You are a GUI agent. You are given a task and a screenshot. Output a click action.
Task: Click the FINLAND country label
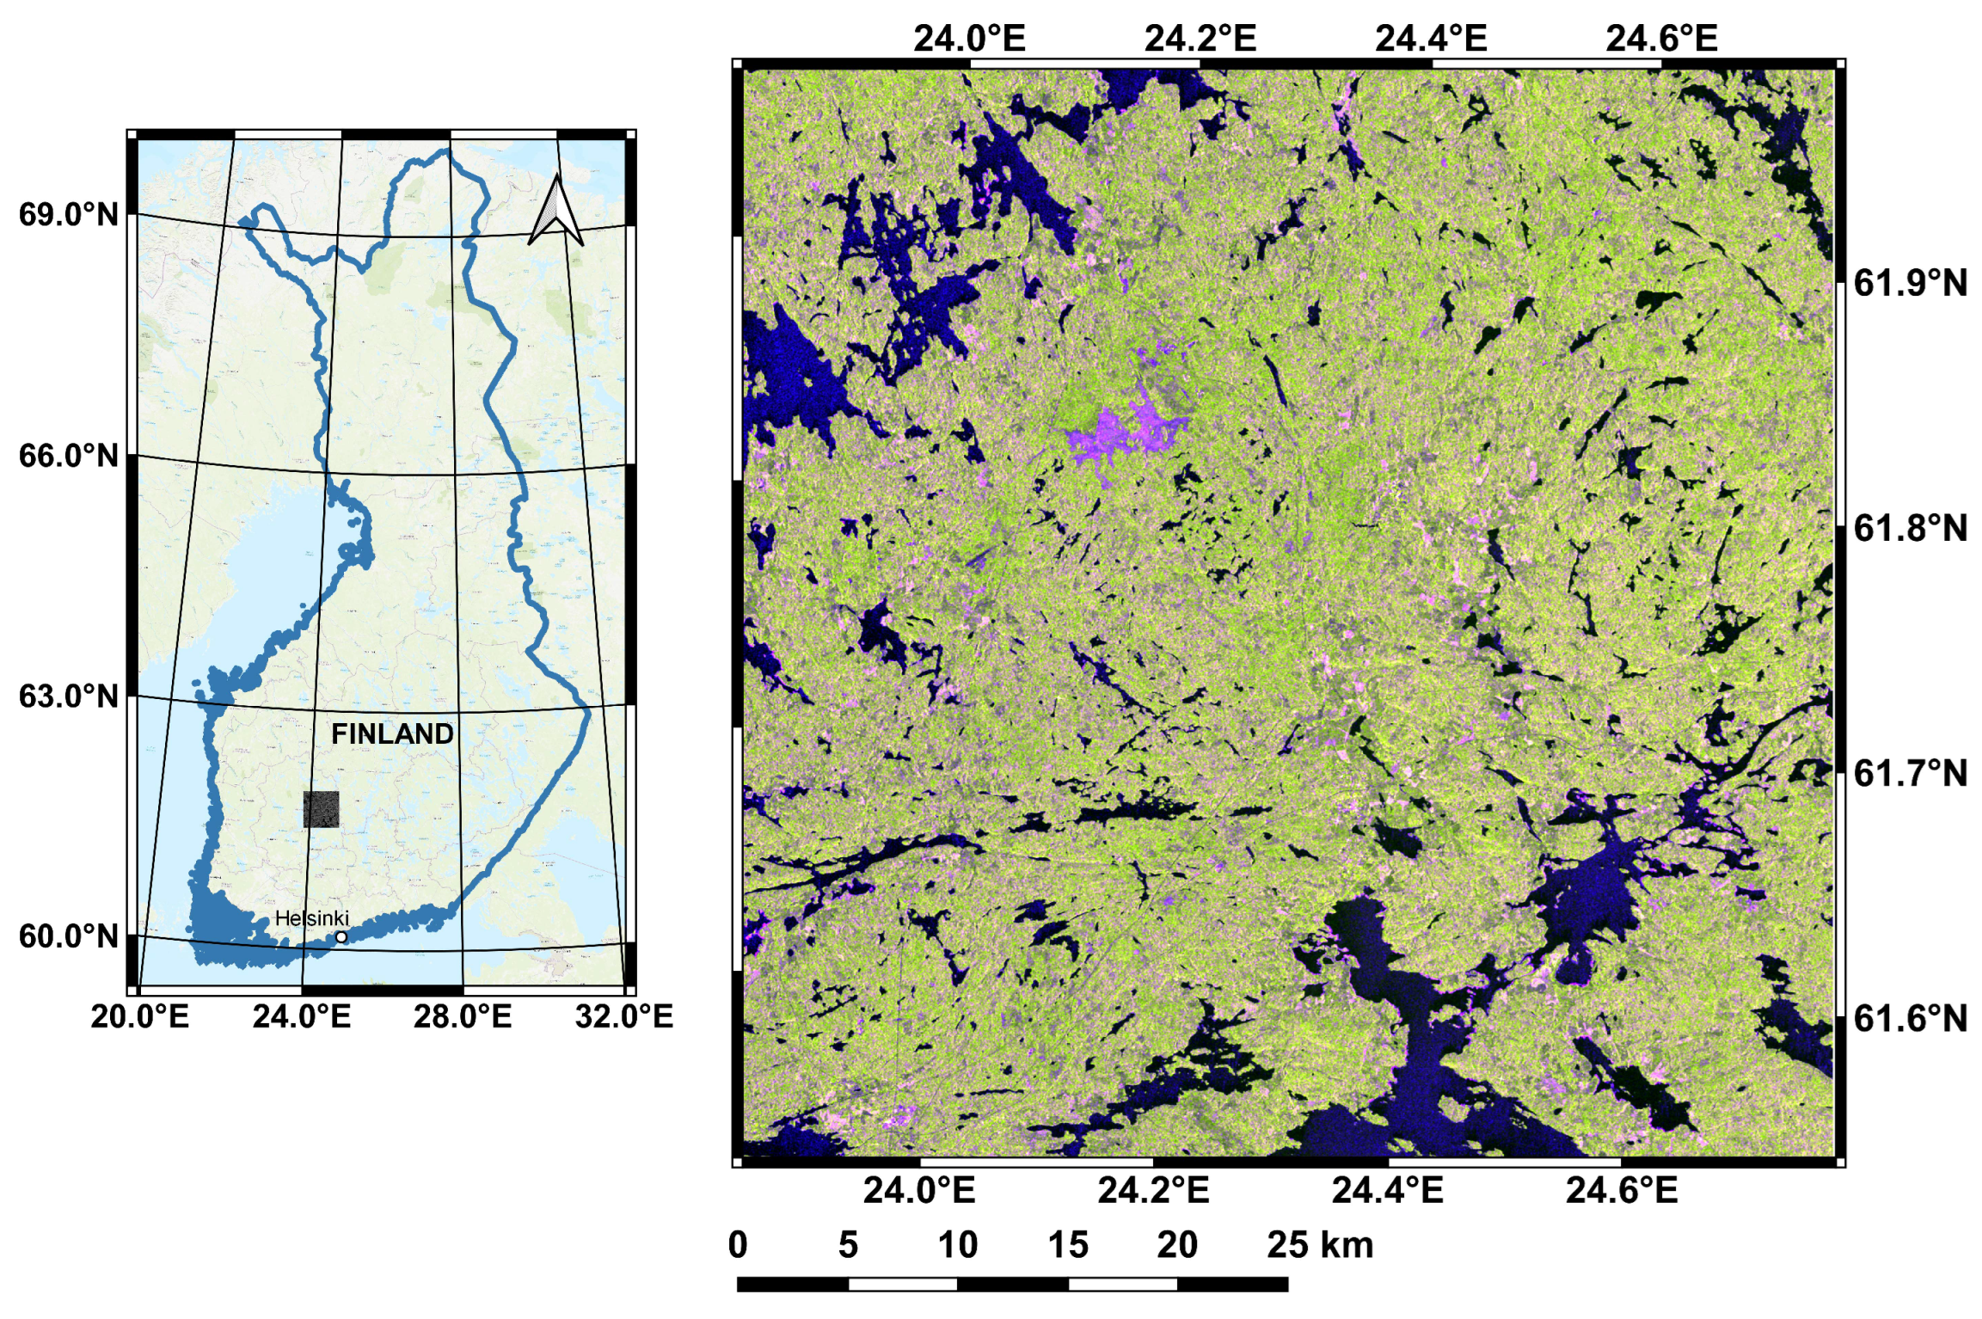point(392,733)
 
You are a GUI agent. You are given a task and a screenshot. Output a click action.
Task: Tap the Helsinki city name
point(311,918)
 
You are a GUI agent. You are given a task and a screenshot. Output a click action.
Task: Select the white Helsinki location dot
point(341,937)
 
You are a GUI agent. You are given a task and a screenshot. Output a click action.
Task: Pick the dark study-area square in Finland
point(322,809)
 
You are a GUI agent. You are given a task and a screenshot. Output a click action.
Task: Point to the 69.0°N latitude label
point(69,214)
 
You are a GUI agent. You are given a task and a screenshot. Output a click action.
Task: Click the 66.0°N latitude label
point(69,456)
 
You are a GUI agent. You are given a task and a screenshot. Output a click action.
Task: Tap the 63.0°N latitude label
point(69,696)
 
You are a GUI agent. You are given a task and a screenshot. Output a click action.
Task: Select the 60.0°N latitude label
point(69,936)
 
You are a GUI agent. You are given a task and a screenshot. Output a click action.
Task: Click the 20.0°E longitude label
point(139,1016)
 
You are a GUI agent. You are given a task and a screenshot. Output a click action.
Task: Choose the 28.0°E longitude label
point(463,1016)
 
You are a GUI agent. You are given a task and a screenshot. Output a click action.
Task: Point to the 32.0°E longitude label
point(624,1016)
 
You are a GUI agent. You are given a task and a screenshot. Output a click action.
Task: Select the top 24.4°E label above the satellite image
point(1431,39)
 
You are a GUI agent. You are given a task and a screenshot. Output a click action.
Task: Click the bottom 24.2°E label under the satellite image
point(1153,1190)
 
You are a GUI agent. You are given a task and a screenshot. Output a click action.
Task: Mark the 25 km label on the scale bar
point(1320,1245)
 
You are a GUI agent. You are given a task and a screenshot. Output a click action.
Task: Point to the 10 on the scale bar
point(958,1245)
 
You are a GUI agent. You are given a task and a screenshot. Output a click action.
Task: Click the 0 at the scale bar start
point(738,1245)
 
